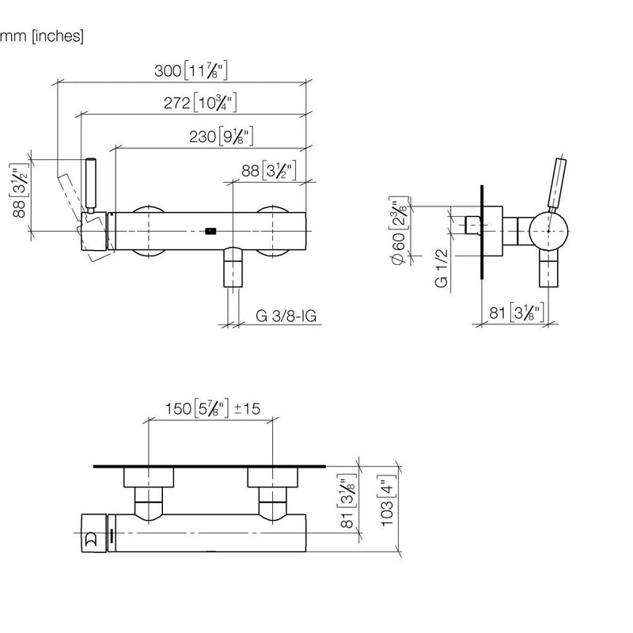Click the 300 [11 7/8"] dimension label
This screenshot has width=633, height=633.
[x=191, y=70]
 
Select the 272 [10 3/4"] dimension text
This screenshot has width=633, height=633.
[x=200, y=103]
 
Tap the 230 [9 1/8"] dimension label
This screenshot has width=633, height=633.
[x=222, y=136]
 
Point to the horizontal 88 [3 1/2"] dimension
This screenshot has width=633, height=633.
[x=269, y=170]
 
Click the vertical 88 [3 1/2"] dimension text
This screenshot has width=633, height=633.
[x=19, y=191]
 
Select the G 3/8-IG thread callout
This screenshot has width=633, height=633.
[x=286, y=316]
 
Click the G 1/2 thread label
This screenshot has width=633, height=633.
[x=442, y=268]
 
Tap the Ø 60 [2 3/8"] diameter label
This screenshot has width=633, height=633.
[x=399, y=231]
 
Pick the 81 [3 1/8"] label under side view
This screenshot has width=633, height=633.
[x=517, y=313]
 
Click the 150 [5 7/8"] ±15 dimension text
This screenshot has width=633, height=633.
[x=213, y=408]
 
